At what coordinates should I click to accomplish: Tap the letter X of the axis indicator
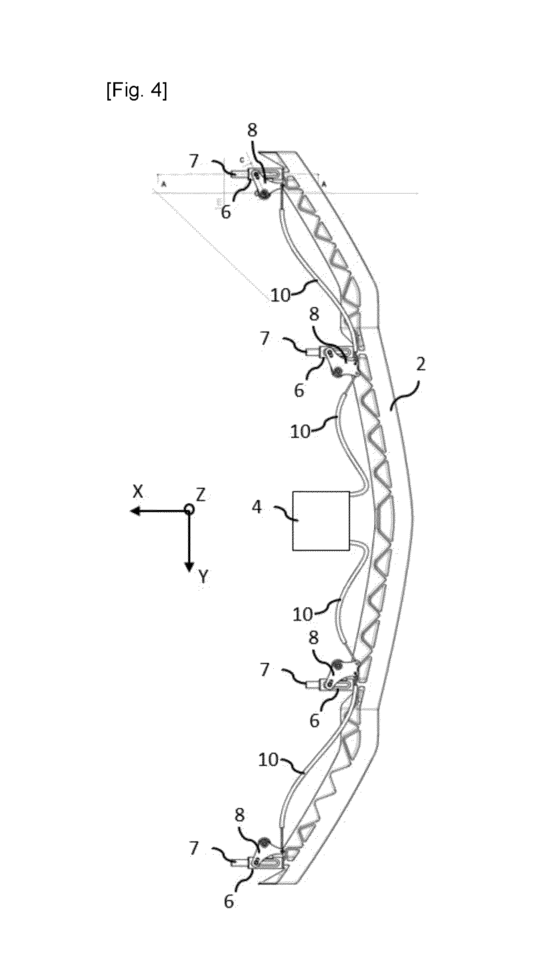tap(138, 492)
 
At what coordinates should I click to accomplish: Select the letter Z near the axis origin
tap(200, 495)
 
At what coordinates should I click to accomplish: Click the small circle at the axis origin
tap(189, 510)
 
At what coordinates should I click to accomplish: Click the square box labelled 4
tap(321, 521)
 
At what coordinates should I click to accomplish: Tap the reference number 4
tap(258, 508)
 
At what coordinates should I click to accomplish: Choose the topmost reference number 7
tap(194, 161)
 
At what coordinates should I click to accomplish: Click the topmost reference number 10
tap(280, 296)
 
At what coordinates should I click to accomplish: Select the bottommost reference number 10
tap(268, 760)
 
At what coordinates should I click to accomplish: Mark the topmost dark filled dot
tap(263, 194)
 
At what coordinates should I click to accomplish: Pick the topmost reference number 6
tap(226, 213)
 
